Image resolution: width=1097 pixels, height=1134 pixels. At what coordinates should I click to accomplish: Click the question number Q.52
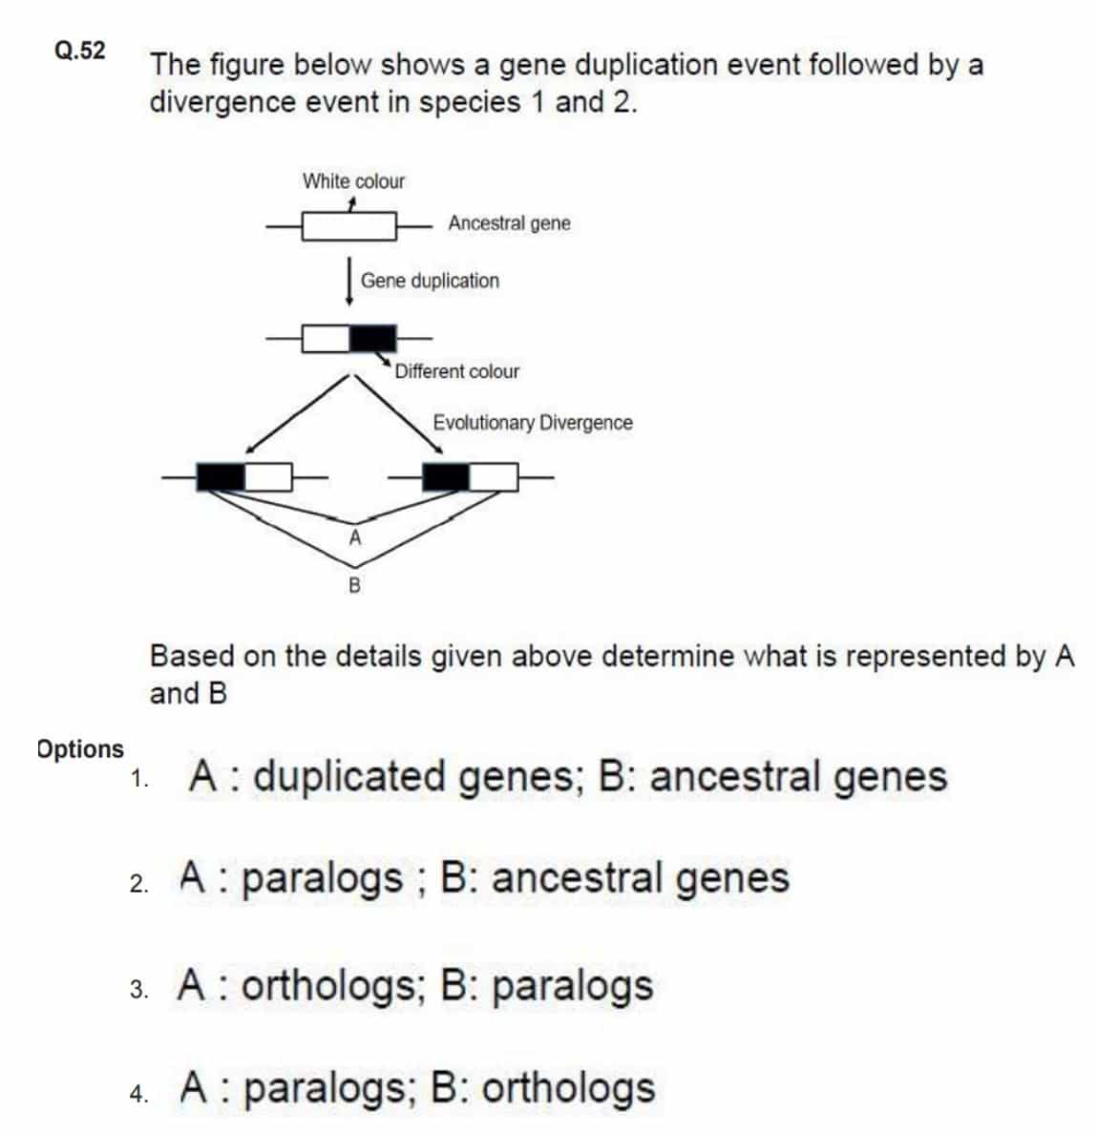(x=79, y=50)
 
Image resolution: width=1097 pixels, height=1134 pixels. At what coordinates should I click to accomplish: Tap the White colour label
(x=353, y=180)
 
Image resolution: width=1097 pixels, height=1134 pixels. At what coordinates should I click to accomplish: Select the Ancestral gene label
(x=509, y=222)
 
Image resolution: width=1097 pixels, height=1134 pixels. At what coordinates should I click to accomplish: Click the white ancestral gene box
(x=349, y=226)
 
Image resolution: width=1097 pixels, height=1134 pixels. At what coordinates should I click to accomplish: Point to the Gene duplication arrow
(x=349, y=282)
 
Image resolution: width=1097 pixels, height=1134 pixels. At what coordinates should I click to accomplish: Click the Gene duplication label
(x=430, y=281)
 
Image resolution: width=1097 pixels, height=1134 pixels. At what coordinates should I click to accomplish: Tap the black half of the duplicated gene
(x=373, y=339)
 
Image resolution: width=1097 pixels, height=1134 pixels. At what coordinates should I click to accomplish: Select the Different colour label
(x=457, y=371)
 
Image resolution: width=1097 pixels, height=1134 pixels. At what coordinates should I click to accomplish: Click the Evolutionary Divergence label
(x=533, y=422)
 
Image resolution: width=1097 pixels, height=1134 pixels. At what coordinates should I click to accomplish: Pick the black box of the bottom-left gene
(x=222, y=477)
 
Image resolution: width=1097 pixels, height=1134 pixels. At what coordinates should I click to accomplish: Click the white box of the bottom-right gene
(x=494, y=477)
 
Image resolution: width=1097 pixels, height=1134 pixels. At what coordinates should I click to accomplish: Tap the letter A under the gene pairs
(x=354, y=537)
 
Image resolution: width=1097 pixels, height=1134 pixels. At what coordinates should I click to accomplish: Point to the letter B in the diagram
(x=354, y=585)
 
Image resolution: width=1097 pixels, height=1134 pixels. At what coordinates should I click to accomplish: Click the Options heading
(x=80, y=749)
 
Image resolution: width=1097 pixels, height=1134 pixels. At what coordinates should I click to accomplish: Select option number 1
(x=139, y=779)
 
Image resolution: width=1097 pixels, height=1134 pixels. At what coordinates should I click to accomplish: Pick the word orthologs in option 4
(x=568, y=1088)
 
